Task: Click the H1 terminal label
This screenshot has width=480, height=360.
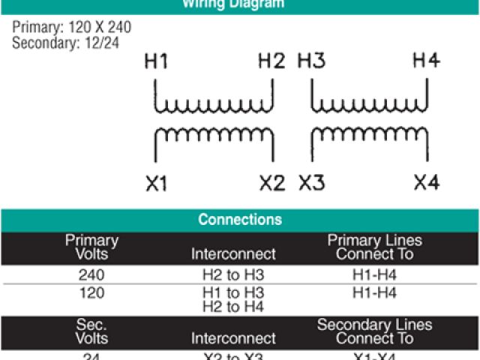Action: [x=156, y=62]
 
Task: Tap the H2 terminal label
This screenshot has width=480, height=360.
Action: [x=271, y=62]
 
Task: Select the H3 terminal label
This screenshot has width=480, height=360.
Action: [x=312, y=62]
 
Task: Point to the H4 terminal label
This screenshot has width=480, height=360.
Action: [x=426, y=62]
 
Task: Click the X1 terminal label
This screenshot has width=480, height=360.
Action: [x=156, y=183]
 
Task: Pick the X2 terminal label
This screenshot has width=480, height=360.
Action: [x=272, y=183]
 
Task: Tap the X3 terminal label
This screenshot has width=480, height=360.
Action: [x=312, y=183]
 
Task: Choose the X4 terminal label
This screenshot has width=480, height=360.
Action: [x=426, y=183]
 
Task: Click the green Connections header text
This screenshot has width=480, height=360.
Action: [x=240, y=220]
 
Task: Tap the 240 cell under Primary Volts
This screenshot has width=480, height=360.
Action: [x=91, y=274]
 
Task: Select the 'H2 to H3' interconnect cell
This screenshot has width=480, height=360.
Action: [x=233, y=274]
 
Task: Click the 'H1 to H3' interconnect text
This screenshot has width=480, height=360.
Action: [x=233, y=292]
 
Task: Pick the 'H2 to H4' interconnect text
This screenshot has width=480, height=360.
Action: [x=233, y=306]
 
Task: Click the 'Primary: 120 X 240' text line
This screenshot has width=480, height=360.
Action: [x=71, y=28]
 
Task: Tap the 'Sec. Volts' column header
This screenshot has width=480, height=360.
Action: [x=91, y=331]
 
